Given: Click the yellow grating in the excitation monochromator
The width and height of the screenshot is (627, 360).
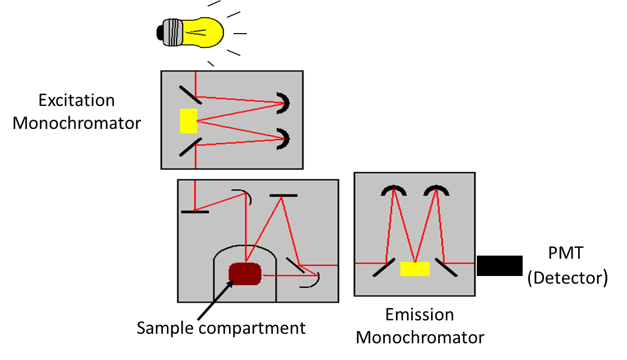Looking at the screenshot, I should point(188,121).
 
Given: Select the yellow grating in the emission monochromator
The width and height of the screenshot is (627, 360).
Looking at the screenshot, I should point(415,268).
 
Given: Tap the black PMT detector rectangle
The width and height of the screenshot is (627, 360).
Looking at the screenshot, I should point(499,265).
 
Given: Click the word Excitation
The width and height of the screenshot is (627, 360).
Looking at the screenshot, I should point(77,100).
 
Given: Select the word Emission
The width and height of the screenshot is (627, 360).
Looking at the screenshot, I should point(420,315).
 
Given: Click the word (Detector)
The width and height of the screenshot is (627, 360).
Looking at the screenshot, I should point(567,278).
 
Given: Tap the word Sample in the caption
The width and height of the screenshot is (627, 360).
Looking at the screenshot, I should point(165,327).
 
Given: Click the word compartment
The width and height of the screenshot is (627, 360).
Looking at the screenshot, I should point(252,328).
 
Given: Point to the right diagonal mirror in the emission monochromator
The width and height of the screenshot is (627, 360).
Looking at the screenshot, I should point(447,267).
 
